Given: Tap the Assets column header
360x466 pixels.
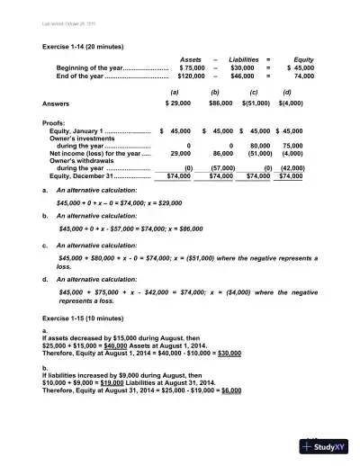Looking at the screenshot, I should [x=191, y=58].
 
